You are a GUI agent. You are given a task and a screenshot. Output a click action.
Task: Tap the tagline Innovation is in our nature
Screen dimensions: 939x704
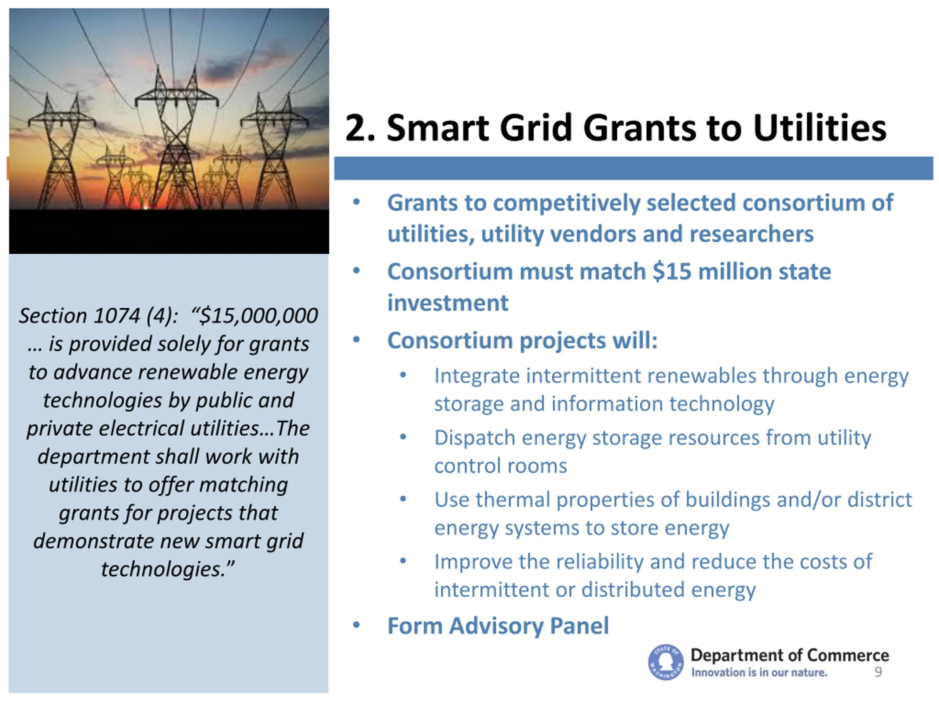(759, 672)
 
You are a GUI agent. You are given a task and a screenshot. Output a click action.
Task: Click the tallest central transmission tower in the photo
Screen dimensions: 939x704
(176, 140)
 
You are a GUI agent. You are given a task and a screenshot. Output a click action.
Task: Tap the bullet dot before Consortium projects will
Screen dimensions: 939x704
(357, 340)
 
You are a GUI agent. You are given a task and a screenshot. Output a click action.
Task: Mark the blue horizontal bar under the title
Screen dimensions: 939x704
(633, 168)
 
